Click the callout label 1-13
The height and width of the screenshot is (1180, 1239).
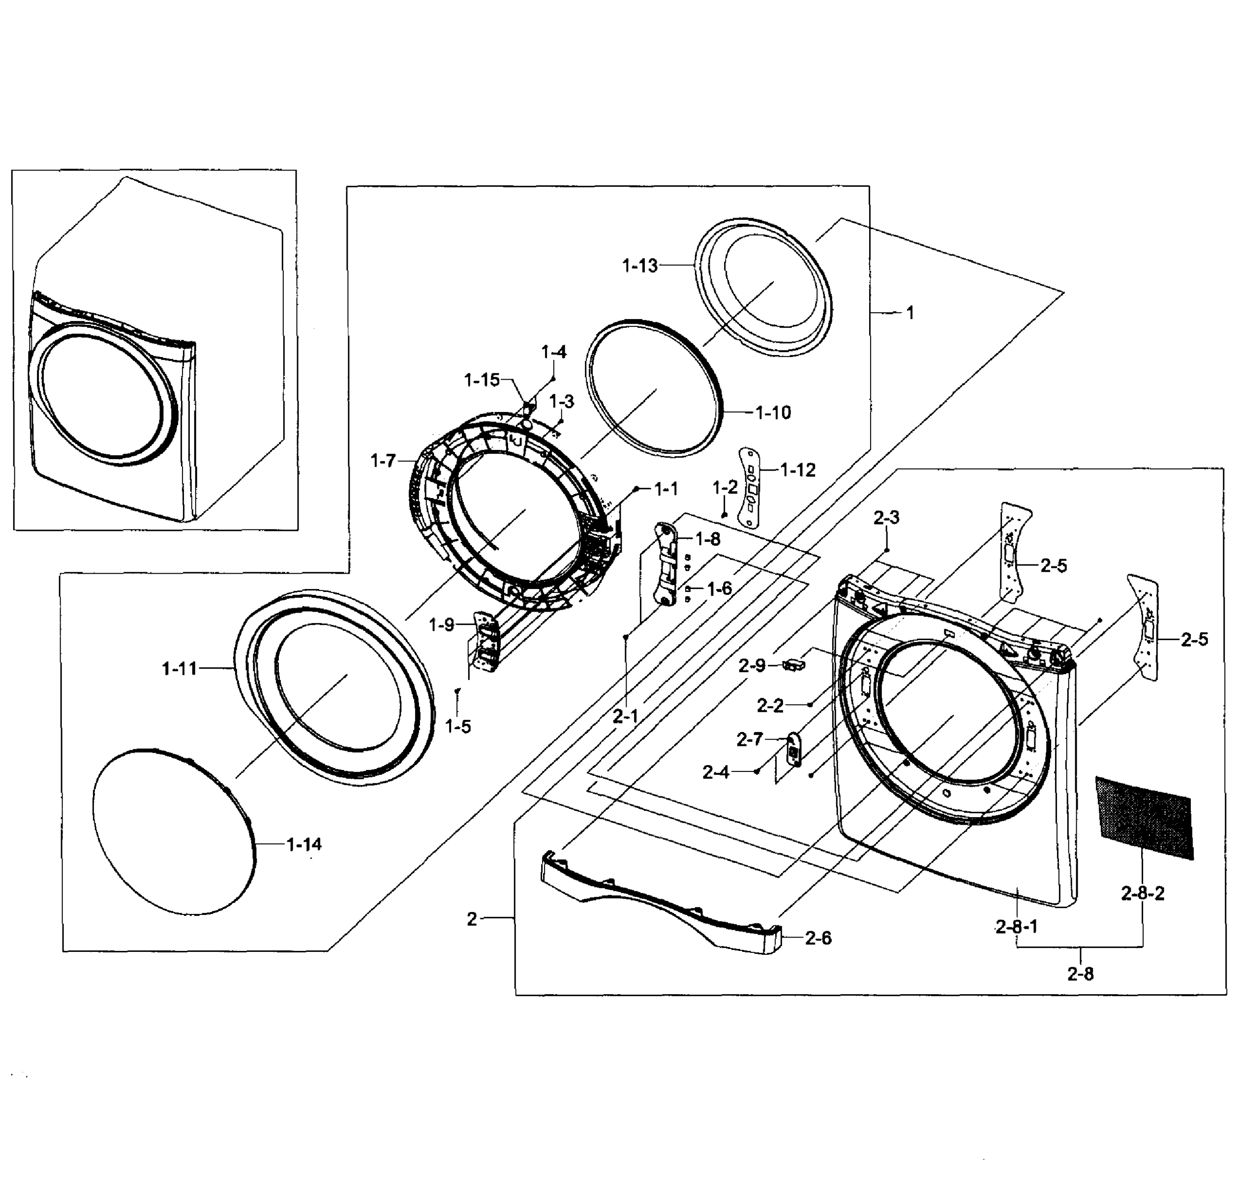[x=639, y=266]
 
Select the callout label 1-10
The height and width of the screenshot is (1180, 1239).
[x=773, y=413]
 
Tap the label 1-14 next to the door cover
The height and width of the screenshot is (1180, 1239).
[x=304, y=844]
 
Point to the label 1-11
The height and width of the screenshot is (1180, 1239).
[x=180, y=669]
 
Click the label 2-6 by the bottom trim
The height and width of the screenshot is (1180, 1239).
[x=818, y=939]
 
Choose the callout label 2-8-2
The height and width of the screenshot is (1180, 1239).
[x=1142, y=893]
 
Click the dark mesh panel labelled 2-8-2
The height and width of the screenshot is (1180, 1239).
[x=1144, y=817]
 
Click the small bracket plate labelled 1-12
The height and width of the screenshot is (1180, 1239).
[x=750, y=487]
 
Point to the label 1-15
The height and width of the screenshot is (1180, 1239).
[x=482, y=380]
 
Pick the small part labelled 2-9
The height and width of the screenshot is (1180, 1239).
[x=794, y=664]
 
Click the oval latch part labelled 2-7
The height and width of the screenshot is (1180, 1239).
[x=793, y=749]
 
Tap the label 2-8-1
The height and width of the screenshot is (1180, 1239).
[x=1016, y=926]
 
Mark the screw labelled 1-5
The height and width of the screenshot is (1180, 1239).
[x=457, y=691]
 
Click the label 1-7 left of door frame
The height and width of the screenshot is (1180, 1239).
[x=383, y=461]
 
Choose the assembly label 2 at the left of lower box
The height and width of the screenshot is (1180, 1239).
[x=472, y=919]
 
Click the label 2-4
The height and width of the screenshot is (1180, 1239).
[x=716, y=772]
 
